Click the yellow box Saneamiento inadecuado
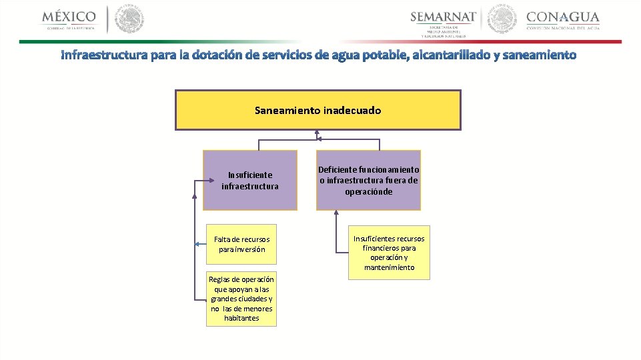pyautogui.click(x=317, y=110)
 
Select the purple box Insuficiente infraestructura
pyautogui.click(x=250, y=180)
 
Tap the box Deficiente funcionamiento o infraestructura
pyautogui.click(x=368, y=180)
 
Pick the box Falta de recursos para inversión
pyautogui.click(x=241, y=244)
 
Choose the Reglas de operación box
pyautogui.click(x=241, y=299)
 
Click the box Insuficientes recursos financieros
pyautogui.click(x=389, y=252)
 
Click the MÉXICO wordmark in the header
pyautogui.click(x=69, y=16)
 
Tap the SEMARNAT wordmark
pyautogui.click(x=443, y=17)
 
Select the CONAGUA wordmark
pyautogui.click(x=563, y=17)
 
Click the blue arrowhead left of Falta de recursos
pyautogui.click(x=197, y=245)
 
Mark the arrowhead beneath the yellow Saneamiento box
pyautogui.click(x=318, y=133)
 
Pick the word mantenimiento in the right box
pyautogui.click(x=389, y=267)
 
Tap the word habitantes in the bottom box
pyautogui.click(x=241, y=318)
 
